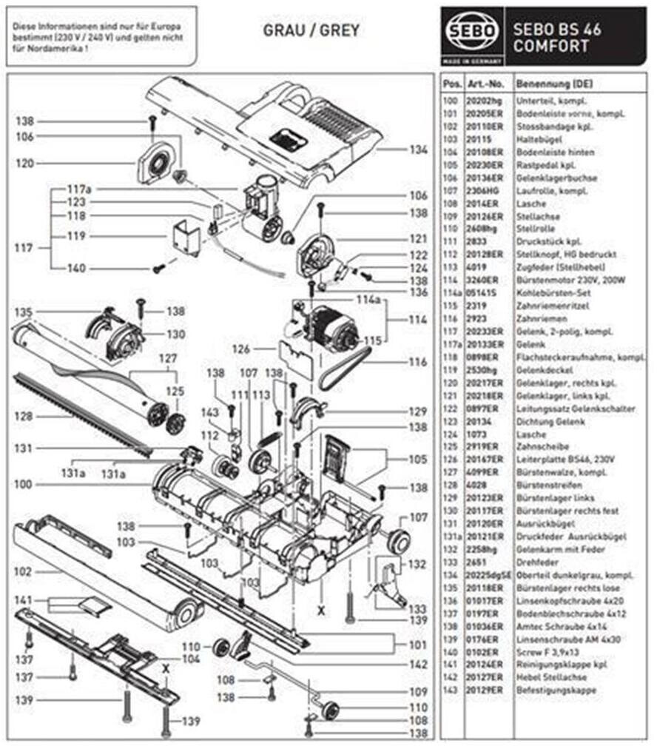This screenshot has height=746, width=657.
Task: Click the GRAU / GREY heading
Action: (x=311, y=30)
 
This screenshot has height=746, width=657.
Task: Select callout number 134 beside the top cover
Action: (x=418, y=149)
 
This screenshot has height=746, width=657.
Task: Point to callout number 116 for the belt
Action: (x=418, y=363)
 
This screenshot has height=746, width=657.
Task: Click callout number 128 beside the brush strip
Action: (x=24, y=417)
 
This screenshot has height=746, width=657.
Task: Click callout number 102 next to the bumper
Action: (x=24, y=572)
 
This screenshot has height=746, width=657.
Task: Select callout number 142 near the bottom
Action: (x=418, y=665)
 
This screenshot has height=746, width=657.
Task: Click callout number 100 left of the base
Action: (x=24, y=485)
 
